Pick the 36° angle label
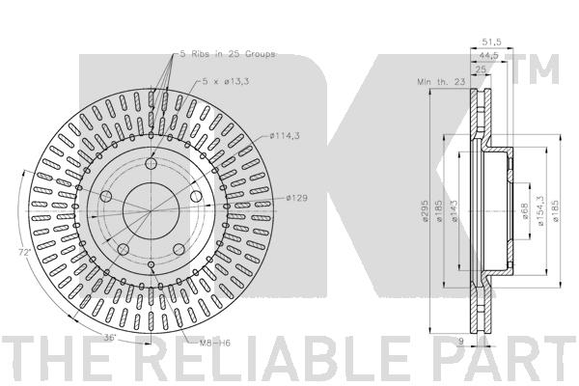pyautogui.click(x=110, y=338)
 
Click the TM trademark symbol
pyautogui.click(x=547, y=67)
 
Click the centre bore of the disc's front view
pyautogui.click(x=151, y=212)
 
